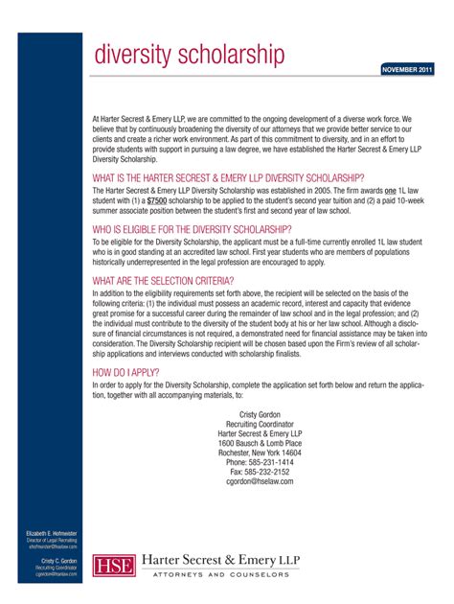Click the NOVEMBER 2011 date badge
tap(408, 70)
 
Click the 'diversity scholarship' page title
tap(189, 57)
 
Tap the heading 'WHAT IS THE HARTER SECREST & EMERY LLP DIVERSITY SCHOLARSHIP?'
tap(228, 177)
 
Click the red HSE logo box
tap(113, 566)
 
